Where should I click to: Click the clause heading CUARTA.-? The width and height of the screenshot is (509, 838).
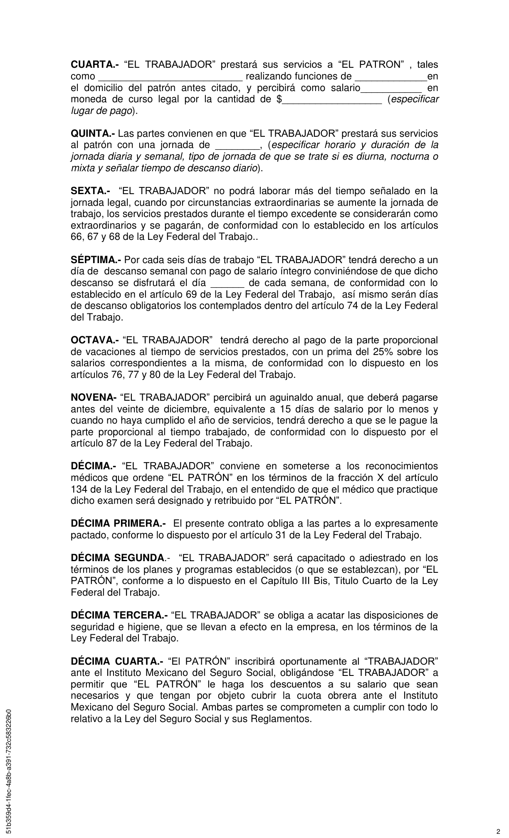[x=95, y=65]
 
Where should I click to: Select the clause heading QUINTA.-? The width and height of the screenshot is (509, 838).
[x=94, y=134]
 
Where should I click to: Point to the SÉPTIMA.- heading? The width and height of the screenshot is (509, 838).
[x=96, y=260]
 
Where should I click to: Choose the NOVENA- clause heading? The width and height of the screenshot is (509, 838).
[x=94, y=398]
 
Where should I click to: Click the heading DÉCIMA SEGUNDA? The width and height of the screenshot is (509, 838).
[x=116, y=558]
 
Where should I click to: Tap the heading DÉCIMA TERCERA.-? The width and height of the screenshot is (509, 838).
[x=119, y=615]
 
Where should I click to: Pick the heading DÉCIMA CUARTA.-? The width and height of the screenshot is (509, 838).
[x=117, y=661]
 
